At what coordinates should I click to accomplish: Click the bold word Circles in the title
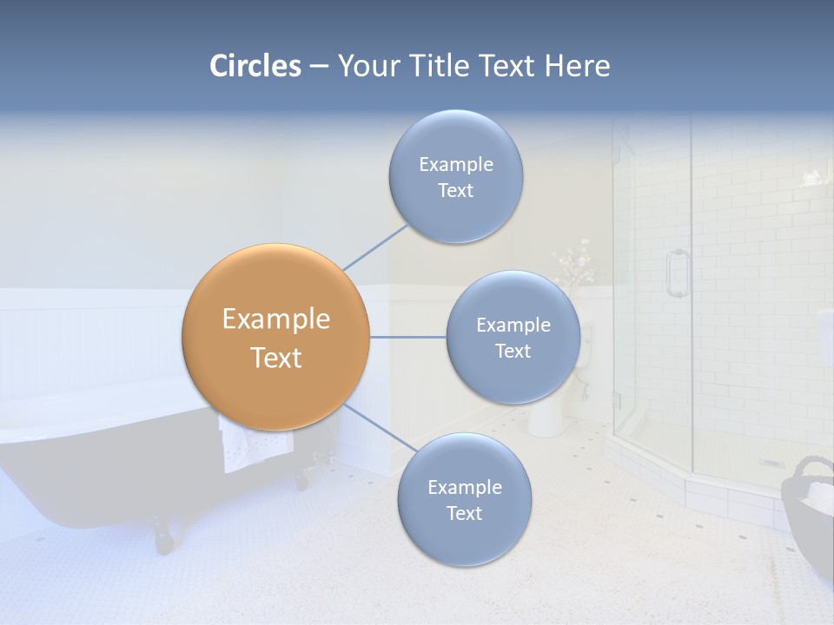pyautogui.click(x=255, y=66)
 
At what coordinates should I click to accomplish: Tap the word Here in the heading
pyautogui.click(x=577, y=66)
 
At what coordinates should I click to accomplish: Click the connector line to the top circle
pyautogui.click(x=375, y=247)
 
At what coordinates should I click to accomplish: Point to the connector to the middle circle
pyautogui.click(x=408, y=337)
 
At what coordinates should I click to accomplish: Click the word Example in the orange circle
pyautogui.click(x=275, y=319)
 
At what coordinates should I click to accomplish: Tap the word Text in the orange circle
pyautogui.click(x=275, y=358)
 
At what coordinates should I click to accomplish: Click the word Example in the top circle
pyautogui.click(x=455, y=165)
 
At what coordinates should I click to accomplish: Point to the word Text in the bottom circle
pyautogui.click(x=464, y=513)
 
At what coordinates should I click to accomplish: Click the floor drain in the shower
pyautogui.click(x=771, y=463)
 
